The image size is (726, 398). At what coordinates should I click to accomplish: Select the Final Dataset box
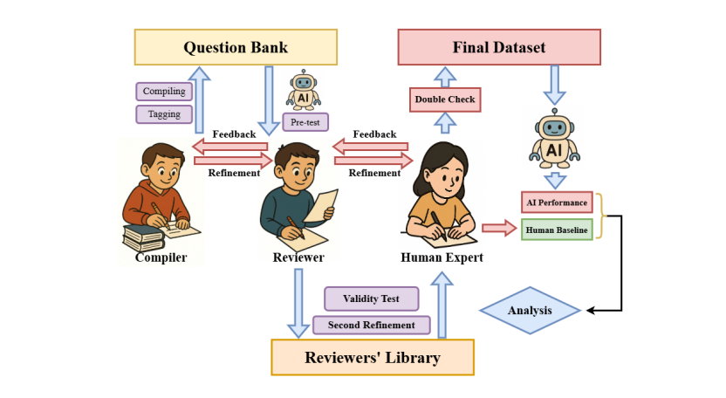499,47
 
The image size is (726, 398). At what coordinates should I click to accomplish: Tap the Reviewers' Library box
372,358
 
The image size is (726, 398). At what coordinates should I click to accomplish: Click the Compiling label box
163,92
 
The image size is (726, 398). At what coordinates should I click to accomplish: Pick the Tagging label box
163,113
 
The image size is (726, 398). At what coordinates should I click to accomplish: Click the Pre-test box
305,121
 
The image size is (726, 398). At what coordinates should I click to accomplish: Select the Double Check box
445,99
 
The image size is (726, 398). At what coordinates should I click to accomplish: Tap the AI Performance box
556,203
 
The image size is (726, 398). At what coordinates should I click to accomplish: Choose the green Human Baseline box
556,230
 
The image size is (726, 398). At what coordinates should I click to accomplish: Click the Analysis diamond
530,310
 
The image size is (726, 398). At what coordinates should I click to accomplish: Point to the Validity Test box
372,298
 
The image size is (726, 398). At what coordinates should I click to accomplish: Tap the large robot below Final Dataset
553,140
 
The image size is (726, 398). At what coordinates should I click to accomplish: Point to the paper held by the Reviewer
325,206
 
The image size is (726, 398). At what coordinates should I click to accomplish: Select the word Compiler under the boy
161,257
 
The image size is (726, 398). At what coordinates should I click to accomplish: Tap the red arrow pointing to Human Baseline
499,229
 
